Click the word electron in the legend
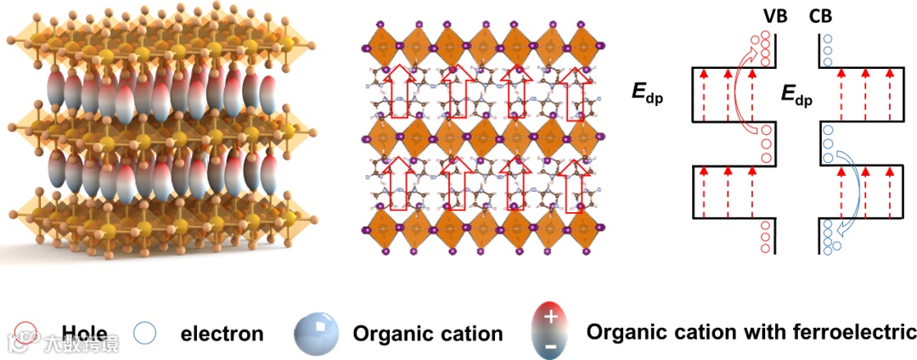(222, 334)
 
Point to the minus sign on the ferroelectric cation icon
(550, 347)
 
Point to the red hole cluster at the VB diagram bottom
(767, 238)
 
